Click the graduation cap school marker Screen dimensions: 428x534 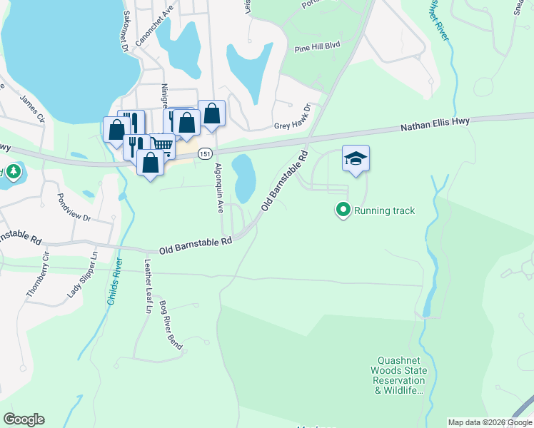[356, 159]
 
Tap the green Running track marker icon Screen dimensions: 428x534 [343, 210]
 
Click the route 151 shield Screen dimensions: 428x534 [205, 153]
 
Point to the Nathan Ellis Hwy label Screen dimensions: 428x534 [435, 123]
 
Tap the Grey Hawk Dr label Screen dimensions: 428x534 [293, 126]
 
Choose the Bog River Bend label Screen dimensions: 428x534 [171, 325]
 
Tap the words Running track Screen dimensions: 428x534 [384, 210]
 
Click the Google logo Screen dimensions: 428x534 [24, 419]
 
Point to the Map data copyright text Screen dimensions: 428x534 [490, 422]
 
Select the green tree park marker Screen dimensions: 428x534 [13, 173]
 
